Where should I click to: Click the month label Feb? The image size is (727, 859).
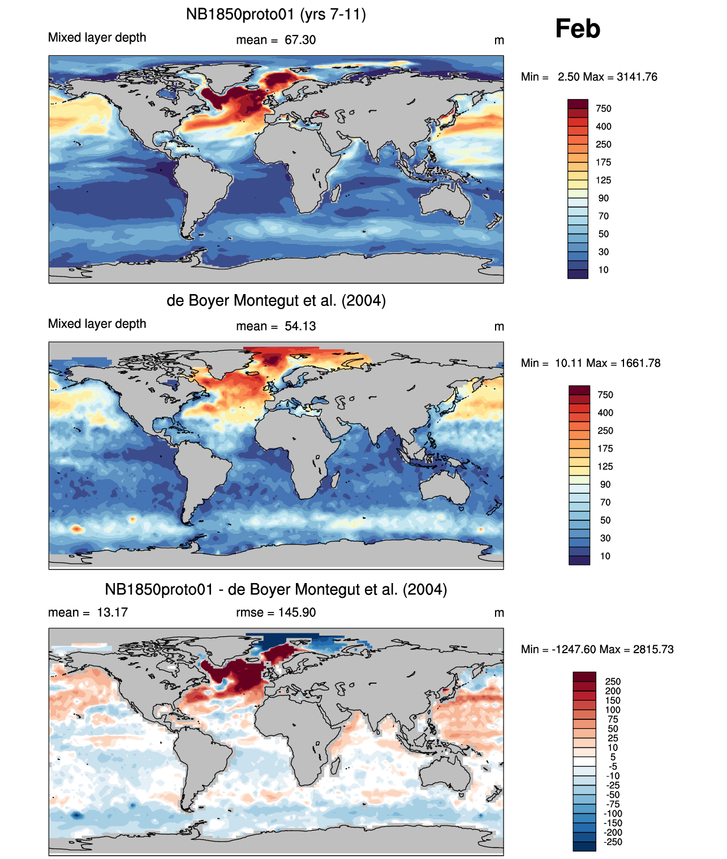coord(578,28)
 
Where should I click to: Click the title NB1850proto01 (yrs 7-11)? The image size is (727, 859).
coord(276,15)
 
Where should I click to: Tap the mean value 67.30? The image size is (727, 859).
coord(300,40)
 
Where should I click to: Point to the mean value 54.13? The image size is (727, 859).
coord(300,326)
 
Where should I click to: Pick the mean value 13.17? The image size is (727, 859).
coord(112,612)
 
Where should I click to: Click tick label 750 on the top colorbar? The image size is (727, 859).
coord(604,109)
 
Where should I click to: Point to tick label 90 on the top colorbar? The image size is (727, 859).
coord(604,198)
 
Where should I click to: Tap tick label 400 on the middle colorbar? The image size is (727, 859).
coord(605,413)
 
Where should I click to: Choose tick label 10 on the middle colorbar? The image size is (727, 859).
coord(605,556)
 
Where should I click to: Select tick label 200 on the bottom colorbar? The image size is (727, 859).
coord(613,691)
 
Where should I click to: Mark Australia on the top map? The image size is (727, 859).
coord(445,200)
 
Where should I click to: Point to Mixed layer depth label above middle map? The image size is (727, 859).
coord(97,324)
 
